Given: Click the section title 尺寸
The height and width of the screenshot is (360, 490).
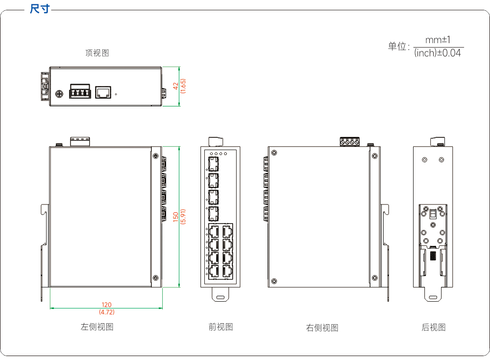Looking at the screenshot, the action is (x=40, y=9).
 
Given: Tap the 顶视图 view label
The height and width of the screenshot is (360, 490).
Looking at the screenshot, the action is (x=97, y=53).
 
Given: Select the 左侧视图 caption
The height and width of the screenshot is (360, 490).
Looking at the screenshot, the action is (x=97, y=327).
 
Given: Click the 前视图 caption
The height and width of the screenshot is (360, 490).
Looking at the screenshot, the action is (x=220, y=327).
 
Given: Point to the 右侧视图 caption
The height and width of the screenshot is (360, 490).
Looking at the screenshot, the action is (x=322, y=328).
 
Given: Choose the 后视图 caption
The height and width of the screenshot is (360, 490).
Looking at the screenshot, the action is (x=434, y=327).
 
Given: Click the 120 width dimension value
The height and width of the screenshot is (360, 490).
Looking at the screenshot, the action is (x=106, y=305).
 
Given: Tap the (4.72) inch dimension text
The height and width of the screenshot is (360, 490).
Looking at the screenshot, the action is (x=106, y=312).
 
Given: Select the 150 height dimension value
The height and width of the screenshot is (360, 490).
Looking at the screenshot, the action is (x=175, y=217).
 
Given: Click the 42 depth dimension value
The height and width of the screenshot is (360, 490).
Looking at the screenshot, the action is (x=175, y=86).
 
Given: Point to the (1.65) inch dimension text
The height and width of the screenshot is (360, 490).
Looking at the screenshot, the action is (x=183, y=86).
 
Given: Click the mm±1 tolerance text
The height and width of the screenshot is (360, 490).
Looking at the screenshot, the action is (x=438, y=40).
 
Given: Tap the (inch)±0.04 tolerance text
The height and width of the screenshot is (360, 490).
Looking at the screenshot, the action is (x=438, y=53).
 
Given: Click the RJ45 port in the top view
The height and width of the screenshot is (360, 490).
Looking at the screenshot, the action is (x=103, y=92).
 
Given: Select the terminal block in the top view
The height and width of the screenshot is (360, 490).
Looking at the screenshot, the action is (x=80, y=91).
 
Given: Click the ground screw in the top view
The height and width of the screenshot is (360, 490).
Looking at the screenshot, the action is (x=59, y=94).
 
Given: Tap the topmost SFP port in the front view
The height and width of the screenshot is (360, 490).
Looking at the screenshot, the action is (x=214, y=164).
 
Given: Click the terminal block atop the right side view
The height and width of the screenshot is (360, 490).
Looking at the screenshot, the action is (x=350, y=142).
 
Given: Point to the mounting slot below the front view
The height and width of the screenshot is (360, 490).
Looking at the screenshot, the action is (x=220, y=297).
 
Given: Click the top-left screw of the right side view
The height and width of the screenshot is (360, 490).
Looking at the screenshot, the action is (x=274, y=153).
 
